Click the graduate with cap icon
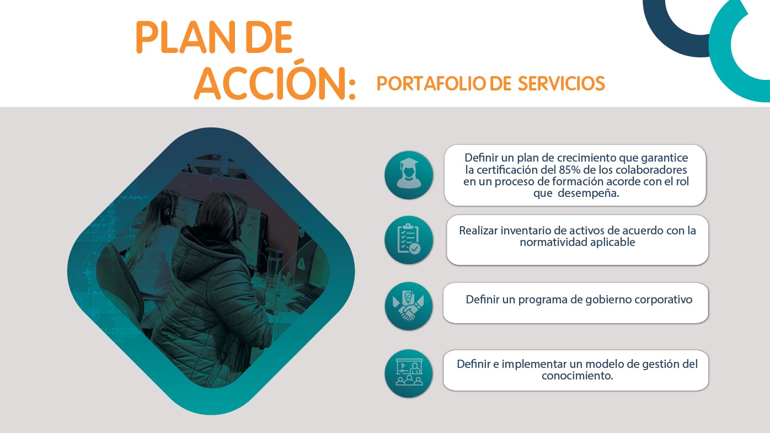point(409,175)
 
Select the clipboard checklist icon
point(409,240)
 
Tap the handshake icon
point(409,306)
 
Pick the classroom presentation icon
point(409,373)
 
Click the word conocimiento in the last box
point(577,376)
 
